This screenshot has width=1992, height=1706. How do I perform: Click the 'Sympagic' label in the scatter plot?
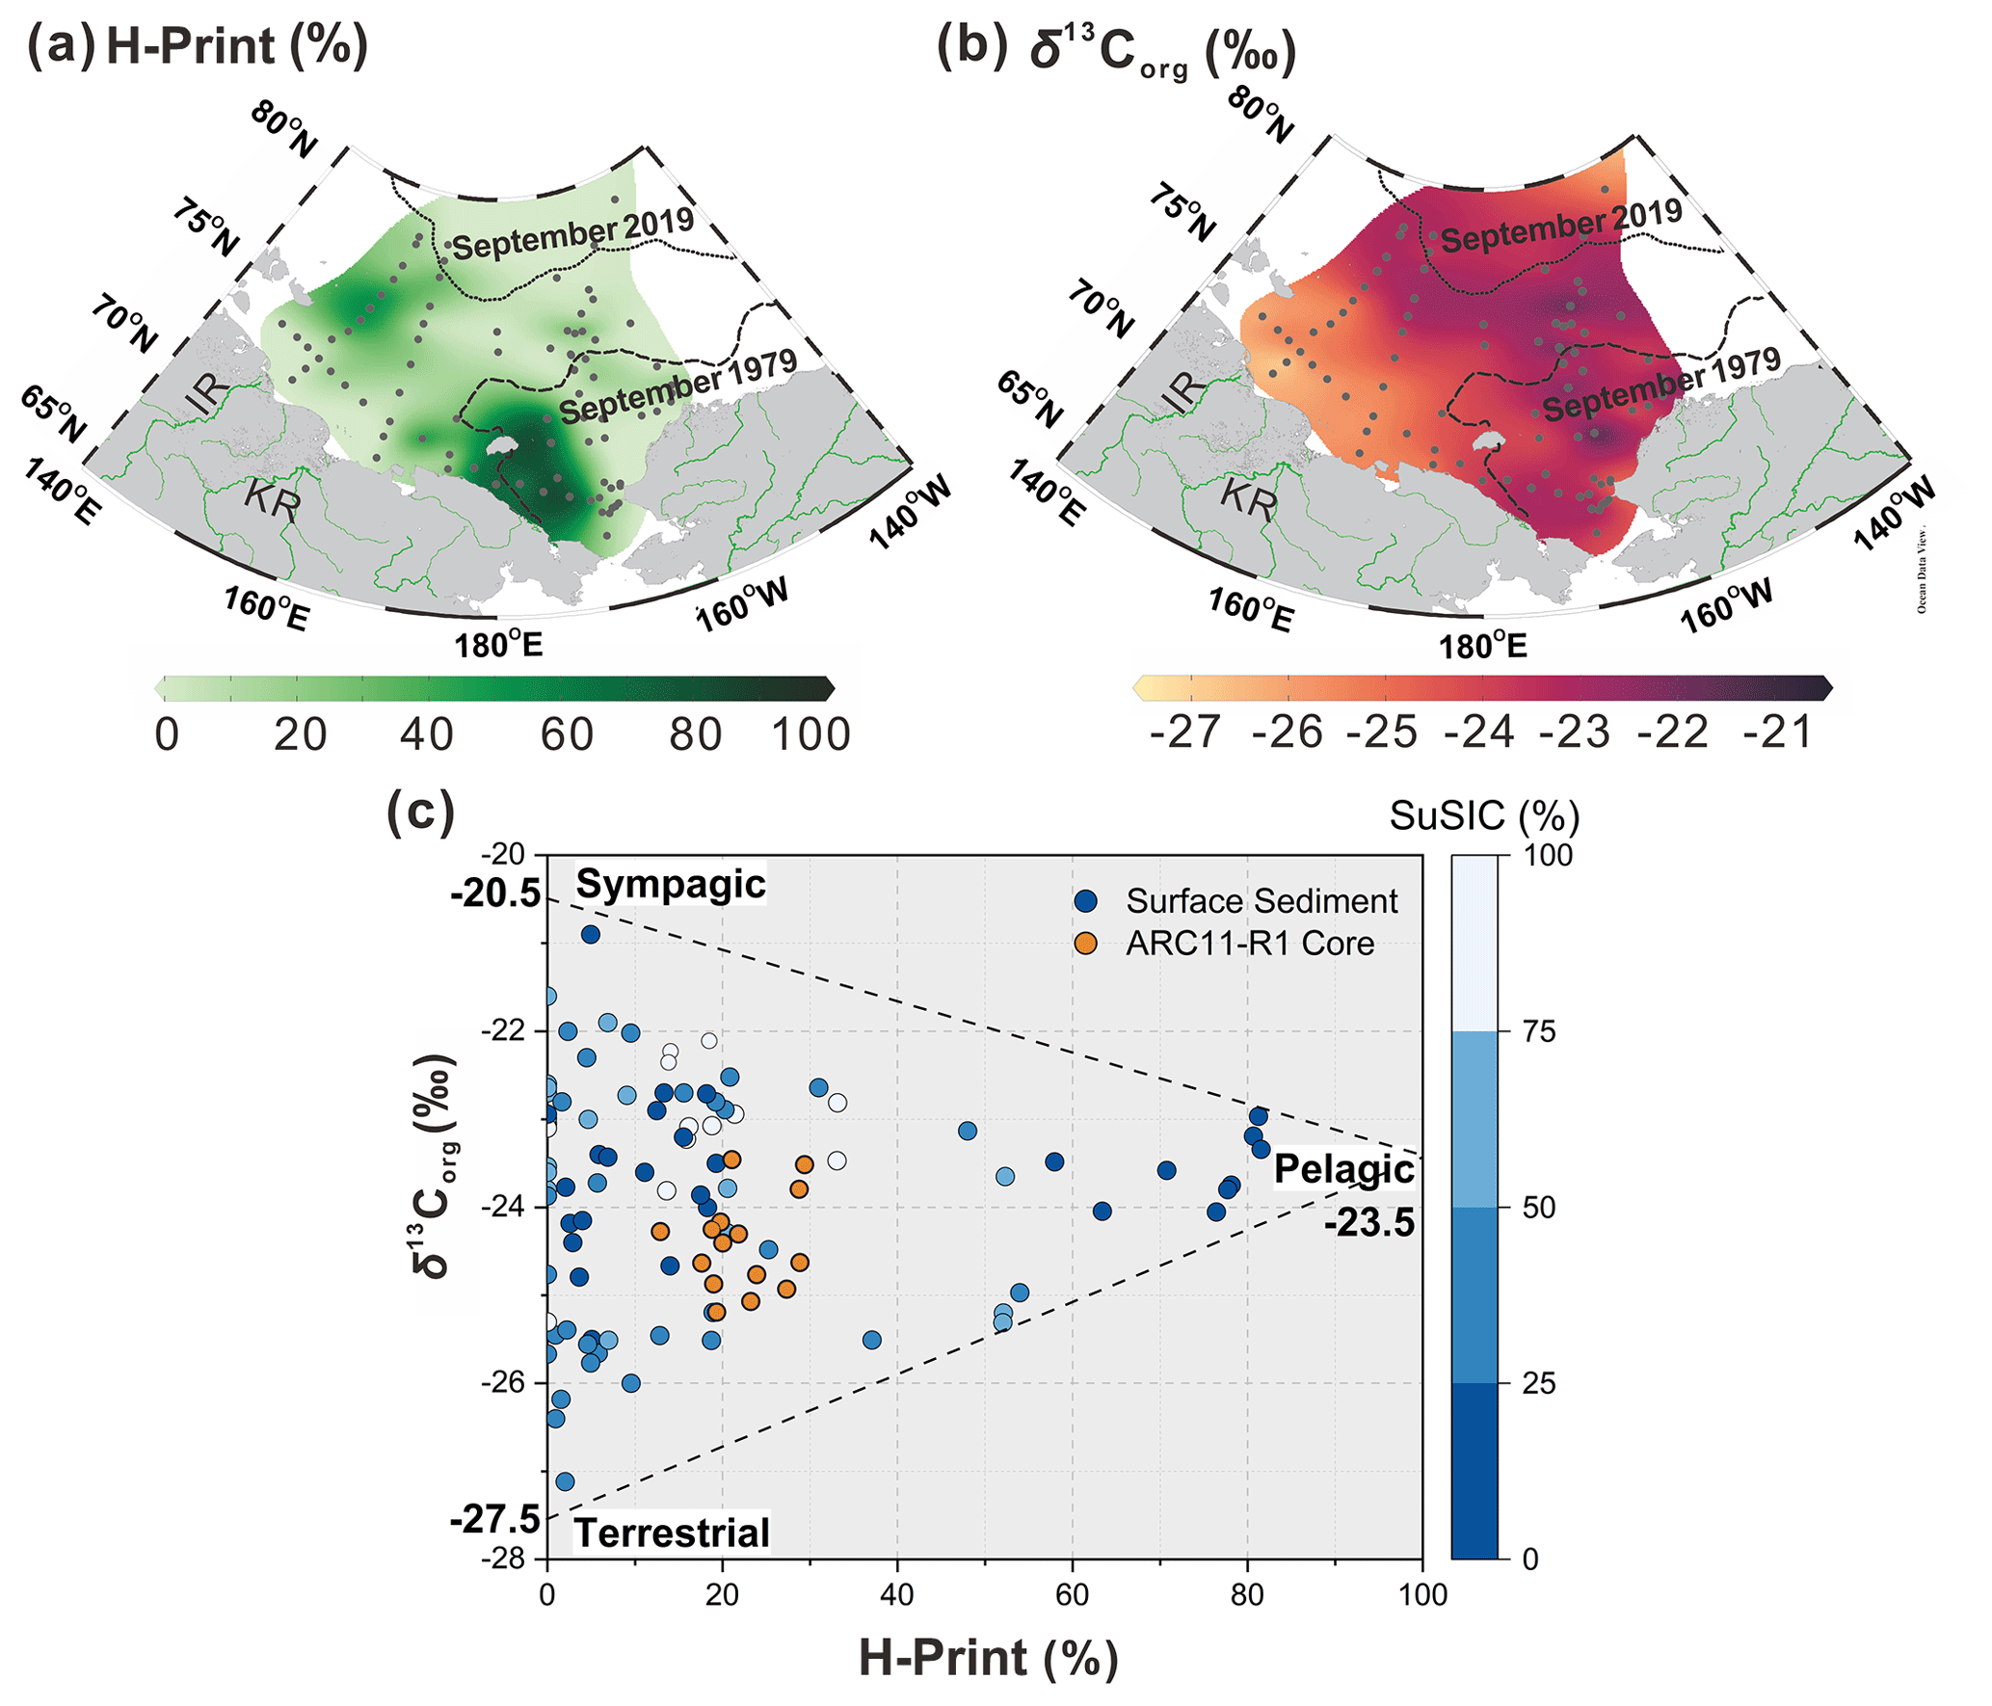670,885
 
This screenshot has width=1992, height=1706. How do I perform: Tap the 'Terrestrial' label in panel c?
672,1533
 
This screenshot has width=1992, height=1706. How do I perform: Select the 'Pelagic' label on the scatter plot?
1343,1169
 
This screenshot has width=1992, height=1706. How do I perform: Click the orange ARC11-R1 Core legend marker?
1086,944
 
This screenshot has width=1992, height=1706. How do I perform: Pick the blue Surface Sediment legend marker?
1086,901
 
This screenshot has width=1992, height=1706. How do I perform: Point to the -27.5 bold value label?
495,1519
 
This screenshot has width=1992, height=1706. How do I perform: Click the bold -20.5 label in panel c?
495,894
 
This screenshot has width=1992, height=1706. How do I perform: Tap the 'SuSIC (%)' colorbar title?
1484,816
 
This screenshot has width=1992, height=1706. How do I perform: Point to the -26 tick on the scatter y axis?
503,1383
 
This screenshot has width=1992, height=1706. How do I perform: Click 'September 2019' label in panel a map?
573,233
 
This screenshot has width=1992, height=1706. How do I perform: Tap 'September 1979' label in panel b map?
1661,385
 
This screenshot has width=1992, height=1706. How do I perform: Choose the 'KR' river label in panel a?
272,498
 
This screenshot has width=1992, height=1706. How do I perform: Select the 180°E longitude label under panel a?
498,644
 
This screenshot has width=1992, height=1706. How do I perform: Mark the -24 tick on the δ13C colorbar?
1479,733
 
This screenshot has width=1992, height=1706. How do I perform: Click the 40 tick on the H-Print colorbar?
427,734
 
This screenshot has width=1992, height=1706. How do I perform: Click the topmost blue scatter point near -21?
591,934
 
